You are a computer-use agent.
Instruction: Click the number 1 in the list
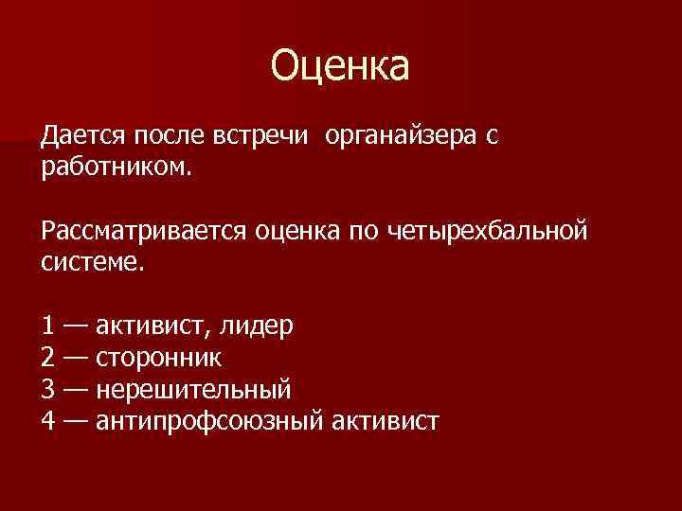click(47, 327)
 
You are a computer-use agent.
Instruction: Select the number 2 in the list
click(47, 359)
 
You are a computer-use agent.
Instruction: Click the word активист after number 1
click(152, 327)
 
